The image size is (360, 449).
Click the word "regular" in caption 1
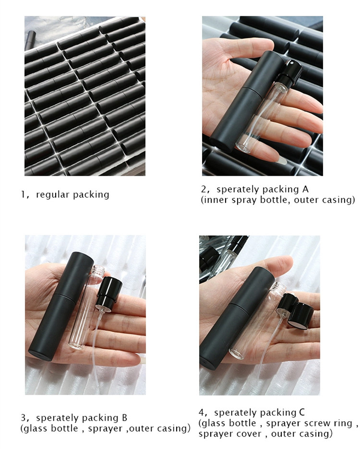tap(52, 195)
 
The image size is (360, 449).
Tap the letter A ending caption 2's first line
tap(305, 189)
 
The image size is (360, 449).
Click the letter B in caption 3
tap(124, 418)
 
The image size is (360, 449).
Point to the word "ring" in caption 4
tap(343, 423)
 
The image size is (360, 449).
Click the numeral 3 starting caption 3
tap(24, 418)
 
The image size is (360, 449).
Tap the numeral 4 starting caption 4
tap(202, 413)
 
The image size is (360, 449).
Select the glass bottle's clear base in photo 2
tap(243, 147)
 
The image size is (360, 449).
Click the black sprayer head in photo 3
tap(109, 291)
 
